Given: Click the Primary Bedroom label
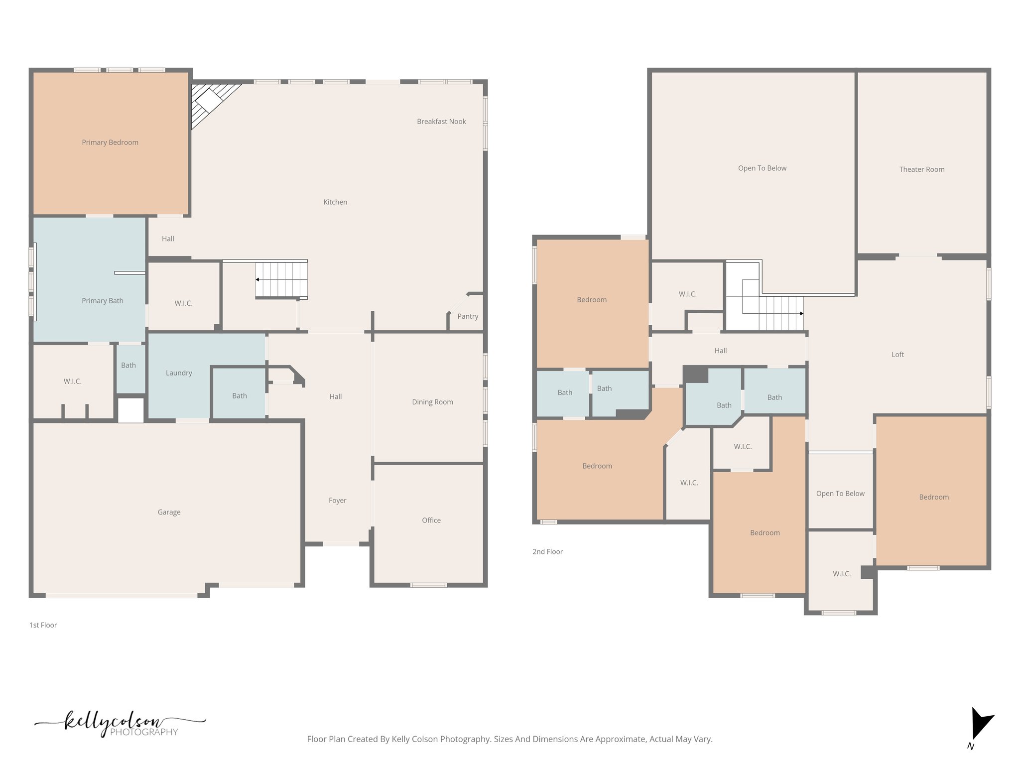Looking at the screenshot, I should (x=110, y=142).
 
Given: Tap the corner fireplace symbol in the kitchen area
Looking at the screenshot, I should (x=209, y=103).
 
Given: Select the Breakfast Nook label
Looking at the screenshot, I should (x=441, y=122).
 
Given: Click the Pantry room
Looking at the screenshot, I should (x=467, y=316).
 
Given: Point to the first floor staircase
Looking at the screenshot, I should (x=282, y=280).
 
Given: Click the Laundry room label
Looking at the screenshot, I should (x=179, y=373).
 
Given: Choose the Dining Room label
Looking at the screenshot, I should (x=432, y=402).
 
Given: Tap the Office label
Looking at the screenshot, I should (x=431, y=520).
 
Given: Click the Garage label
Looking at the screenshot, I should (x=169, y=512).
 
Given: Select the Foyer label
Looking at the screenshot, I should (x=337, y=501).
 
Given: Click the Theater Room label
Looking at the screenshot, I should (x=921, y=169).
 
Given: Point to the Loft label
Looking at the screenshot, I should (x=897, y=355).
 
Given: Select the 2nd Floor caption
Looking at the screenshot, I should (x=547, y=552).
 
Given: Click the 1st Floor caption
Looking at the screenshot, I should (x=43, y=625).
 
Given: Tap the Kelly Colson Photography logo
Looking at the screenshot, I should (x=120, y=724).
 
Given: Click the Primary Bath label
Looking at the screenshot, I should (x=103, y=301).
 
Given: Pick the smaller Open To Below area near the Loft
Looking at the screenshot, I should (x=840, y=493).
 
